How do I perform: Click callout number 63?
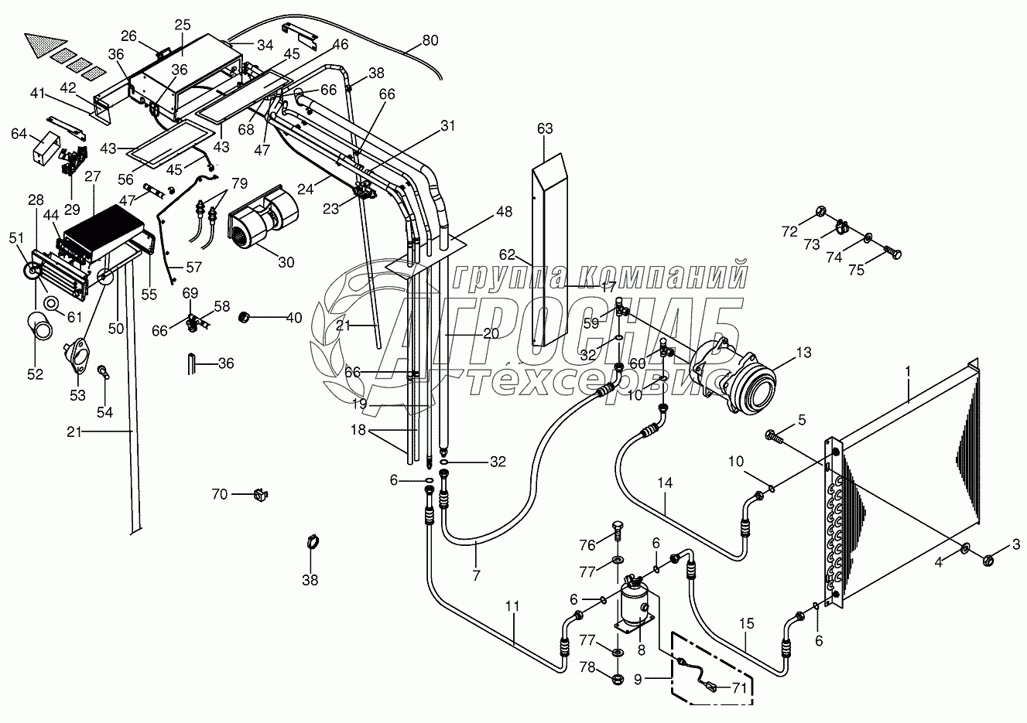(x=545, y=129)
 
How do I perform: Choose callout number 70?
(x=220, y=493)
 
